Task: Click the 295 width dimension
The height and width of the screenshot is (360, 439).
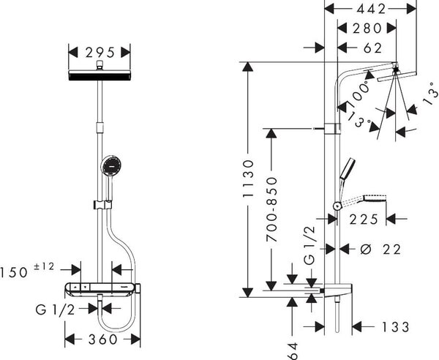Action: [x=100, y=53]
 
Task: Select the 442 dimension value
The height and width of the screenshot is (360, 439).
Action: [x=371, y=10]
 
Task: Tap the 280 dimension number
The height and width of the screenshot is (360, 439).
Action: [x=367, y=29]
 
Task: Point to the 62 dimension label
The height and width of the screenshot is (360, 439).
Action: [x=372, y=48]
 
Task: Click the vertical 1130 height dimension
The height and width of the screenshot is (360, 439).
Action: [x=248, y=179]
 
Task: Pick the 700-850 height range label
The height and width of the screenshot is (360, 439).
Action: [x=271, y=209]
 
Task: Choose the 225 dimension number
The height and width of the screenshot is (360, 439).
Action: [x=364, y=220]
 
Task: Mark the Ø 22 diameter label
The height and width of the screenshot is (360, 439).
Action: [x=380, y=250]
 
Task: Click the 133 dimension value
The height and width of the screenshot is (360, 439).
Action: [x=396, y=326]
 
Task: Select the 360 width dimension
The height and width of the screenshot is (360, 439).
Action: [x=102, y=340]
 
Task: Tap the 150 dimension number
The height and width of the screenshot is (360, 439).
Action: [x=14, y=272]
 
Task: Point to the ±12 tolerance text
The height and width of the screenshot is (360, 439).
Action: [x=44, y=266]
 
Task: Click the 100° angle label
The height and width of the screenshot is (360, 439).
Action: [x=359, y=94]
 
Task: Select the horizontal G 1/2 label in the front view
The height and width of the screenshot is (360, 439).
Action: [x=55, y=310]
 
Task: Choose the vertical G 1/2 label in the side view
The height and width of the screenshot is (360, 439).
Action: [x=309, y=246]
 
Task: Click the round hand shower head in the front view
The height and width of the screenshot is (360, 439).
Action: [x=111, y=165]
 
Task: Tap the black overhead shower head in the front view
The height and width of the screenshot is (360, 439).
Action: [x=100, y=75]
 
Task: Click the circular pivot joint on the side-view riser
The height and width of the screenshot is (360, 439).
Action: [x=337, y=206]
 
